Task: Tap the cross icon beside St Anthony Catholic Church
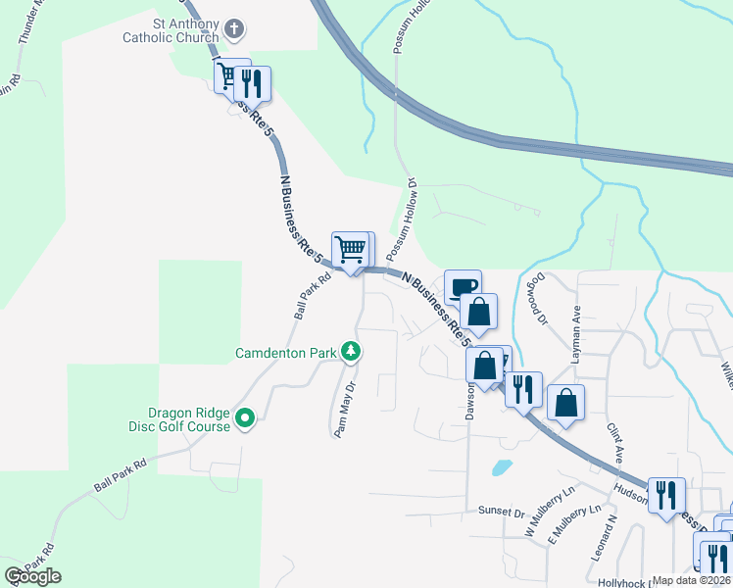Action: (x=232, y=29)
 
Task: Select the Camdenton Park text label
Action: (x=285, y=352)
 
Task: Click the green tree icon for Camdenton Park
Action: (x=350, y=352)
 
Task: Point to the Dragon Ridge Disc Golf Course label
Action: (x=189, y=419)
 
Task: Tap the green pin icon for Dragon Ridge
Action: (x=246, y=419)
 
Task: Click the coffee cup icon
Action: (x=464, y=286)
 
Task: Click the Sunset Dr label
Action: (x=502, y=511)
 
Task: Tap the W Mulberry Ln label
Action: (x=548, y=511)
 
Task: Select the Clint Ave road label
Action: (x=614, y=446)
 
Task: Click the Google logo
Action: (x=33, y=576)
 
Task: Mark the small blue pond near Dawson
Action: (x=501, y=466)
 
